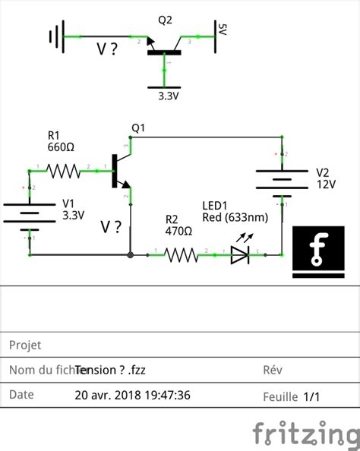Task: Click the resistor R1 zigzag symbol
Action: pos(64,172)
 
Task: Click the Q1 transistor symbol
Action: pos(122,172)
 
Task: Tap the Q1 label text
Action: pos(137,128)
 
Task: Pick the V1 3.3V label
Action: pos(73,216)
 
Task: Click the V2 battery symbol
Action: pos(281,180)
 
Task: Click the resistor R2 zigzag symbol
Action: pos(182,256)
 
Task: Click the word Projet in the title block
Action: pos(24,345)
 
